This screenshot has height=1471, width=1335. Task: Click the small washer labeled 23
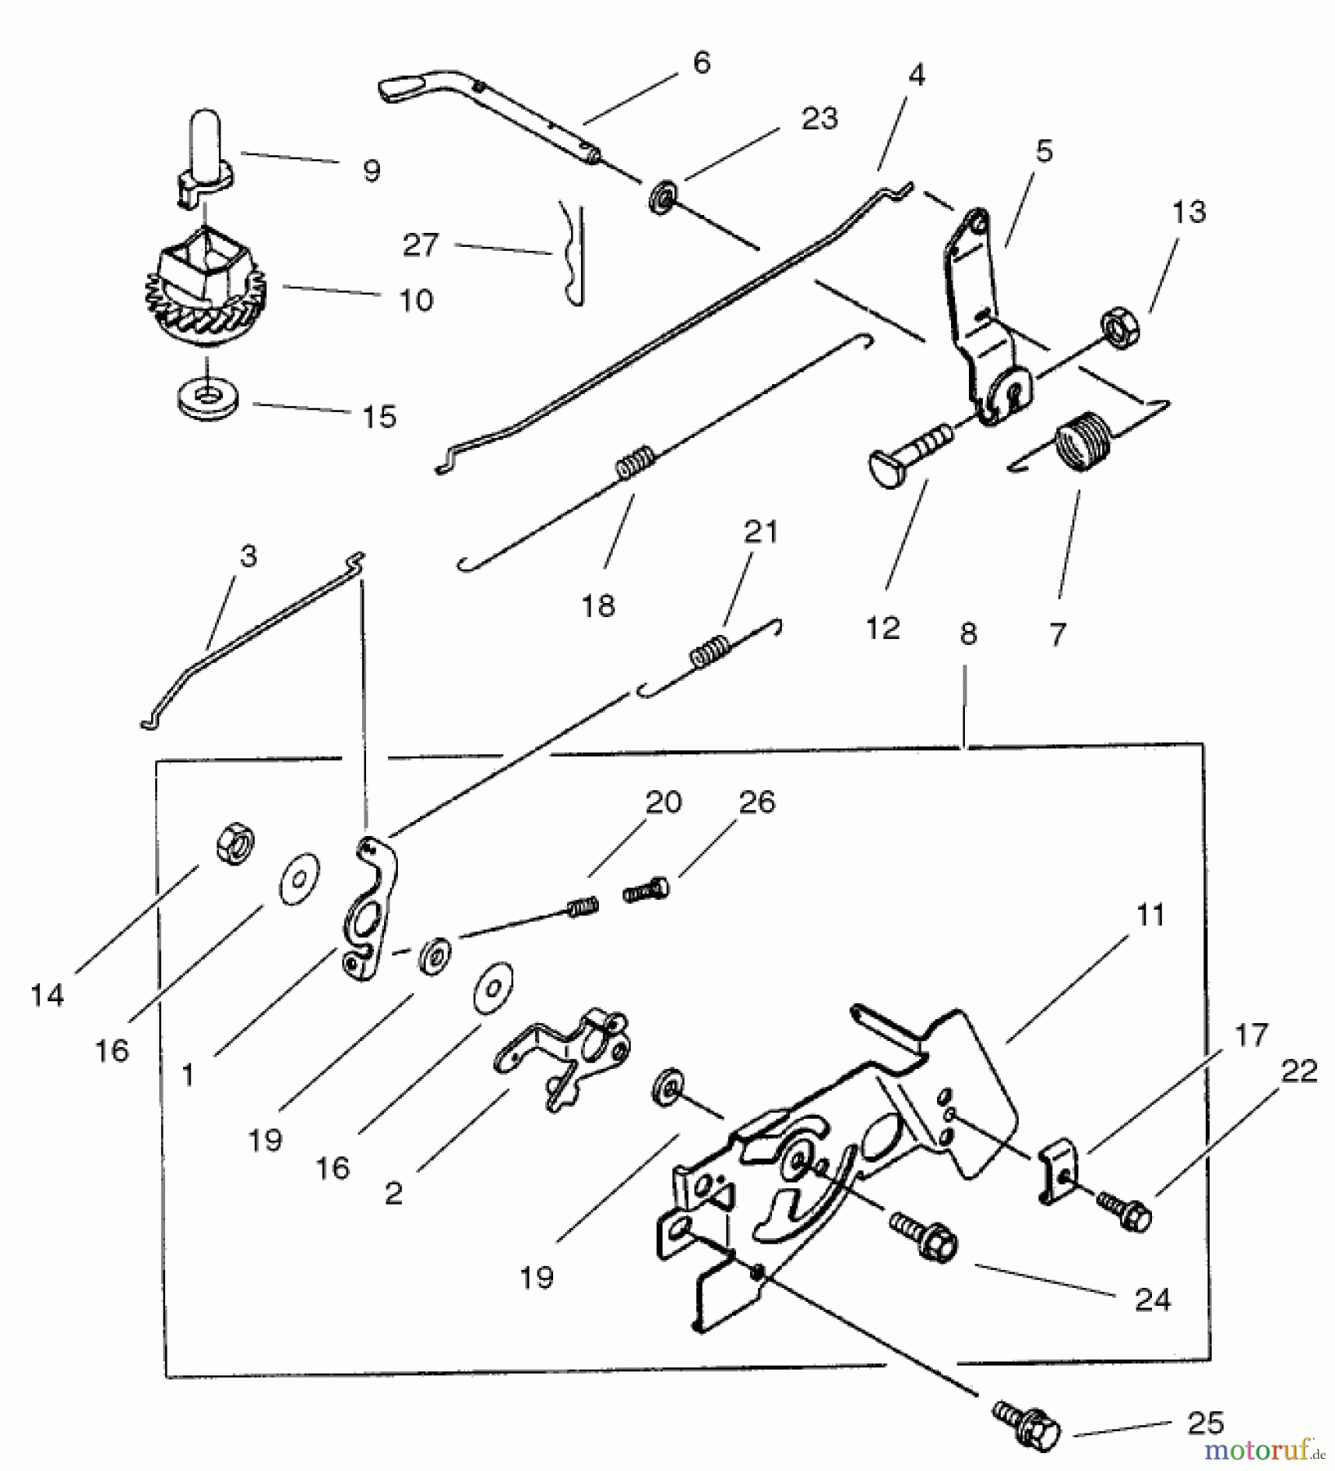662,198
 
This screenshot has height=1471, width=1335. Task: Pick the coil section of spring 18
635,463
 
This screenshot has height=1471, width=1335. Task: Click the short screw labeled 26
646,890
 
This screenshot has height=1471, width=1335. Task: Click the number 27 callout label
421,244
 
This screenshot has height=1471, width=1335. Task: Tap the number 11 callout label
1150,915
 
